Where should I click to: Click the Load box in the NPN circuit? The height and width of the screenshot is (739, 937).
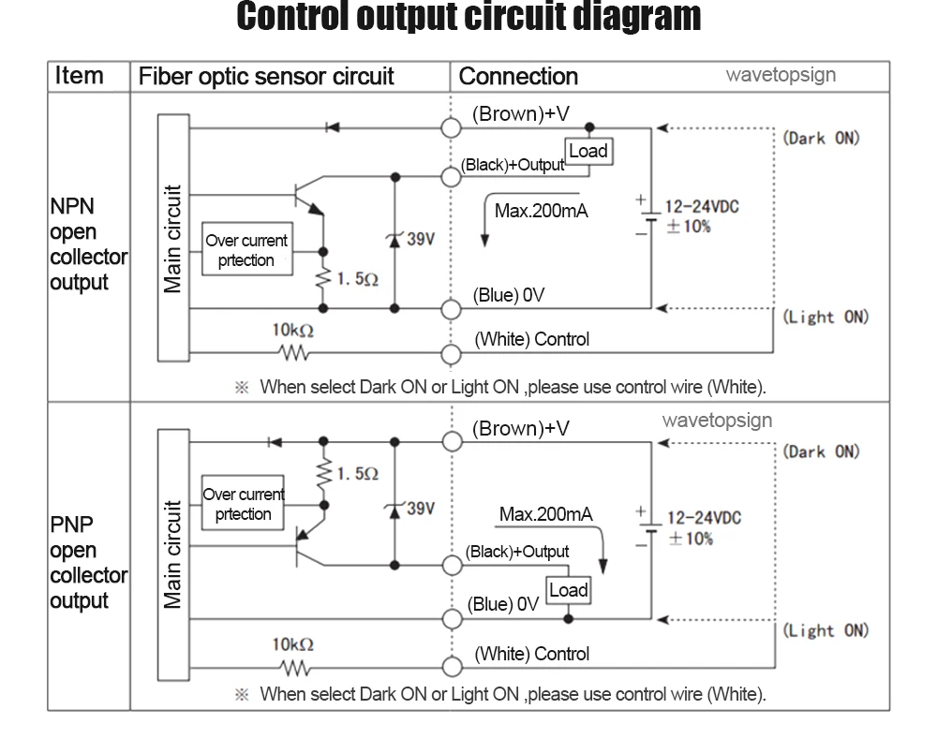pyautogui.click(x=588, y=151)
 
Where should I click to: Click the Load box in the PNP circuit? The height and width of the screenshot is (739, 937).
pyautogui.click(x=569, y=590)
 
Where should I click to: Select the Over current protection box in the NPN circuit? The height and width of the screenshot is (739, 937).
pyautogui.click(x=247, y=248)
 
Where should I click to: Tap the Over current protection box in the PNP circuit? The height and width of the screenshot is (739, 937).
pyautogui.click(x=244, y=503)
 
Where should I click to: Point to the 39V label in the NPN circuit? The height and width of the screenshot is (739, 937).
pyautogui.click(x=421, y=239)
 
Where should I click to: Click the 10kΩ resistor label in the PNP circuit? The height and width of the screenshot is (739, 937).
pyautogui.click(x=292, y=644)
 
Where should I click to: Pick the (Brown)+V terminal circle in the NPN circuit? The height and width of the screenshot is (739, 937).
pyautogui.click(x=452, y=127)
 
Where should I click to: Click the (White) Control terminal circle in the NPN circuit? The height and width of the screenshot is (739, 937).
pyautogui.click(x=452, y=354)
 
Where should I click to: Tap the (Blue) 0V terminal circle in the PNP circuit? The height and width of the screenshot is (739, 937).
pyautogui.click(x=453, y=619)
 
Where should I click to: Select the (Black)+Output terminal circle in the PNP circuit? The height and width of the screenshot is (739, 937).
pyautogui.click(x=453, y=565)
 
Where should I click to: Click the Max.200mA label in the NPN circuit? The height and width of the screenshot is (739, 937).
pyautogui.click(x=542, y=211)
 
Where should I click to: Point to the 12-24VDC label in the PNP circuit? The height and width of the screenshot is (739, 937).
pyautogui.click(x=704, y=518)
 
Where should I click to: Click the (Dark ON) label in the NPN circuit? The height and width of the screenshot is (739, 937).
pyautogui.click(x=821, y=138)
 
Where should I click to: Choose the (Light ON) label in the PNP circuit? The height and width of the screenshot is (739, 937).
pyautogui.click(x=825, y=630)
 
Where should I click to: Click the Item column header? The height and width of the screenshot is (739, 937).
pyautogui.click(x=79, y=76)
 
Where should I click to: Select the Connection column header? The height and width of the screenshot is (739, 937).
pyautogui.click(x=518, y=77)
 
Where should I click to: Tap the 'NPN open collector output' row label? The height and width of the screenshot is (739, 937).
pyautogui.click(x=88, y=244)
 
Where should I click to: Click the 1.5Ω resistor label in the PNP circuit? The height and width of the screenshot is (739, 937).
pyautogui.click(x=357, y=474)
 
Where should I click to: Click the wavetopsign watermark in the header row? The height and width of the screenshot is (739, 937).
pyautogui.click(x=781, y=75)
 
